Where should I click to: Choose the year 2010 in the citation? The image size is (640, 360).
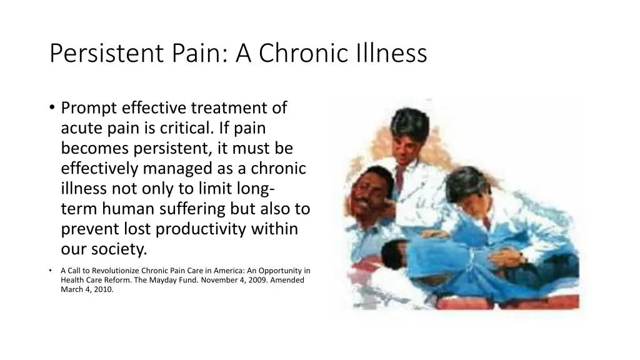[x=104, y=289]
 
